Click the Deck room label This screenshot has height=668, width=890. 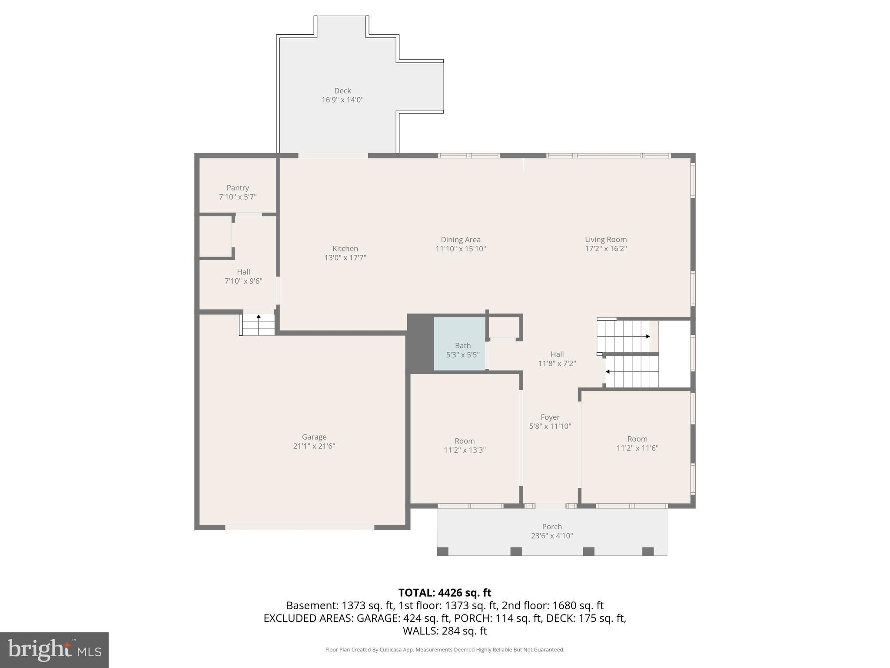click(x=342, y=90)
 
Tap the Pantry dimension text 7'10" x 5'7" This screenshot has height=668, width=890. click(x=237, y=197)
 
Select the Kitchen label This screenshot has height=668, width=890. click(x=345, y=248)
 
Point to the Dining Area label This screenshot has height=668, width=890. click(x=460, y=240)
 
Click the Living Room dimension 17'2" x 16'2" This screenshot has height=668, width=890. click(x=605, y=249)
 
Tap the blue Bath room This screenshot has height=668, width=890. click(x=460, y=344)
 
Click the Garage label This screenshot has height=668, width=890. click(x=314, y=437)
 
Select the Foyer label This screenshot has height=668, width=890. click(x=550, y=417)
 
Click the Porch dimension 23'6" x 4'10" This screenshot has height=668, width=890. click(x=551, y=536)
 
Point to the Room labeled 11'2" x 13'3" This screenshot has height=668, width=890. click(x=464, y=445)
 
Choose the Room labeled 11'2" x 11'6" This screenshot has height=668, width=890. click(x=637, y=443)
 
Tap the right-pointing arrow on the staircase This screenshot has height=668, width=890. click(x=647, y=336)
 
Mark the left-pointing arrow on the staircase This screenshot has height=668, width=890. click(x=608, y=371)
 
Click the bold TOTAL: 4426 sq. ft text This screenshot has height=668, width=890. click(x=445, y=593)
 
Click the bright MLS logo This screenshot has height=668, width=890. click(x=54, y=650)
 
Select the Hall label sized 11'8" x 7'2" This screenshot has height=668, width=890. click(x=557, y=354)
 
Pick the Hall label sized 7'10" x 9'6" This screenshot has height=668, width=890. click(x=243, y=272)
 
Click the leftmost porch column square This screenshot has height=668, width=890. click(x=442, y=551)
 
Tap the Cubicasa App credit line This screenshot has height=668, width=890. click(x=445, y=650)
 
